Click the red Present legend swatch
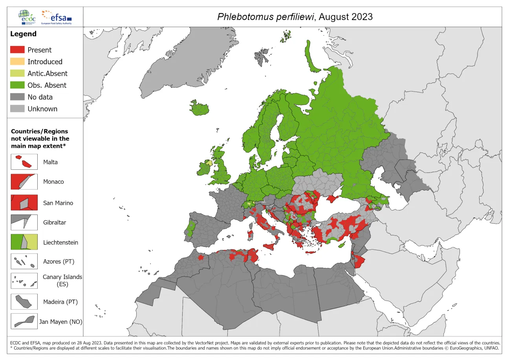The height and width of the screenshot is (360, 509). click(17, 50)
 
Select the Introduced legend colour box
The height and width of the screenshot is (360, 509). click(17, 62)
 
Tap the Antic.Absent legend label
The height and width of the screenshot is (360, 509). click(47, 73)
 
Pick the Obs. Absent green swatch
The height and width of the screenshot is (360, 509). click(17, 85)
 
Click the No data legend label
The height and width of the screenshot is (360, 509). click(40, 97)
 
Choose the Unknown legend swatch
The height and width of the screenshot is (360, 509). click(17, 109)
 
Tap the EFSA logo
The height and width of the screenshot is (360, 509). click(57, 17)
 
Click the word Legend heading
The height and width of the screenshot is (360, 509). click(23, 34)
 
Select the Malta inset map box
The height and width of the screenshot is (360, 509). click(24, 162)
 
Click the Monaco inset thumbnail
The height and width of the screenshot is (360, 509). click(24, 182)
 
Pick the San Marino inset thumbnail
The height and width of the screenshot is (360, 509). click(24, 203)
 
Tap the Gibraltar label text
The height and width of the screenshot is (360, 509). click(55, 222)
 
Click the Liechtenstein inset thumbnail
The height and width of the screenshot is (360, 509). click(24, 242)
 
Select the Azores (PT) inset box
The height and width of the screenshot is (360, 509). click(24, 261)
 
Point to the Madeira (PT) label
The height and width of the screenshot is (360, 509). click(60, 302)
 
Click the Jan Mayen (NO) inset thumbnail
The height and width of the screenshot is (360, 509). click(24, 321)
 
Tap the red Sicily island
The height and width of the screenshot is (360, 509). click(271, 246)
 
